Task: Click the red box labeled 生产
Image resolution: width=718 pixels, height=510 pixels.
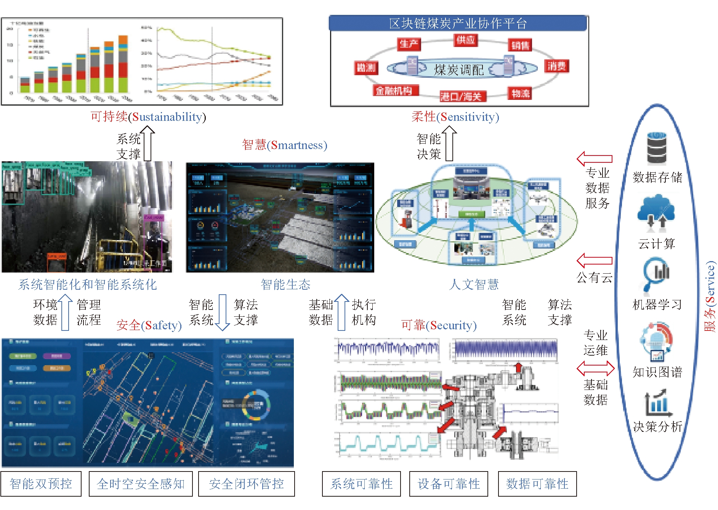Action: click(409, 44)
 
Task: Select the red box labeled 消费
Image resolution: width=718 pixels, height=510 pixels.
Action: click(556, 66)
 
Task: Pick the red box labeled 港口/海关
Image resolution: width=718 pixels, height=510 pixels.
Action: click(461, 96)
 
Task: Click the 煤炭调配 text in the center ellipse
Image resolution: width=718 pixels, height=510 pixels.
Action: click(459, 70)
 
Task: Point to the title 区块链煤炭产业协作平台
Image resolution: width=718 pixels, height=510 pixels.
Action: click(458, 24)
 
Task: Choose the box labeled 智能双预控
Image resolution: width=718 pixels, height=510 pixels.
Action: click(41, 484)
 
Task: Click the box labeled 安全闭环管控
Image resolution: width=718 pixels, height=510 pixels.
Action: click(246, 484)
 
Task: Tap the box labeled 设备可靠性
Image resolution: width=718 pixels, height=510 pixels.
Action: click(449, 484)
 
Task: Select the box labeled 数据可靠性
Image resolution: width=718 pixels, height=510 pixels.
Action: click(537, 484)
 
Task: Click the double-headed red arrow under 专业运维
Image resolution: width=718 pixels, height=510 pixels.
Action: click(595, 368)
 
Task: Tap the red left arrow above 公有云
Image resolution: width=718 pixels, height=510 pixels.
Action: click(594, 261)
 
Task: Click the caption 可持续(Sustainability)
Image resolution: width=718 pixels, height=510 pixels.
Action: click(148, 117)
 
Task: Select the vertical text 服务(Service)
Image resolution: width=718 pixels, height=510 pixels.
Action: click(710, 297)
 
